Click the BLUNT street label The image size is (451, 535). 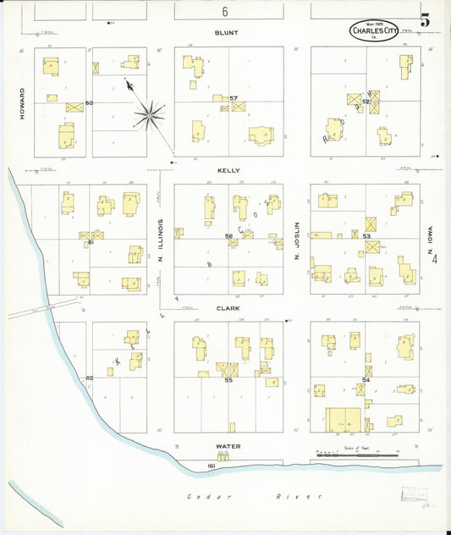point(226,32)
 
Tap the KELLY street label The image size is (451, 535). point(228,170)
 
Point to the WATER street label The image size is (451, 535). point(228,446)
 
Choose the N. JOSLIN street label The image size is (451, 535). point(297,240)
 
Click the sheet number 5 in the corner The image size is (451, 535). point(424,19)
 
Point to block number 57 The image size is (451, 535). point(234,98)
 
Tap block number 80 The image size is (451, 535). point(88,103)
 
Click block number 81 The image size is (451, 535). point(90,242)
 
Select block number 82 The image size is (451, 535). point(89,378)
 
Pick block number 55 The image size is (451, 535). point(228,380)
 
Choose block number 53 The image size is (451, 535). point(366,236)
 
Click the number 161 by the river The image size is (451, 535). point(212,466)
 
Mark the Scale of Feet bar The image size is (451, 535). point(356,455)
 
